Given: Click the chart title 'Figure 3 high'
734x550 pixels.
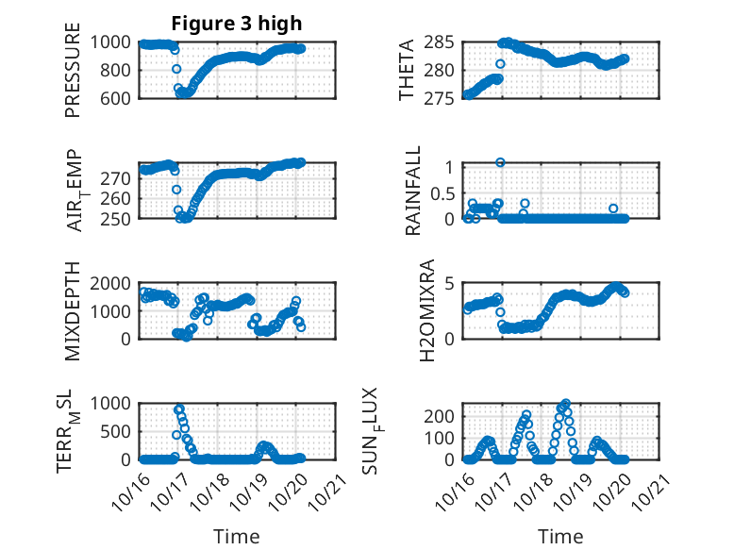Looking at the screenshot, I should (237, 24).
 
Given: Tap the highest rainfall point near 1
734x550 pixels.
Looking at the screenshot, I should (500, 162).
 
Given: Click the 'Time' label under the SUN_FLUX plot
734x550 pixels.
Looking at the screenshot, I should (560, 536).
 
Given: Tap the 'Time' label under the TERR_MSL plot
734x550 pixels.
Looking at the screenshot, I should (237, 536).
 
